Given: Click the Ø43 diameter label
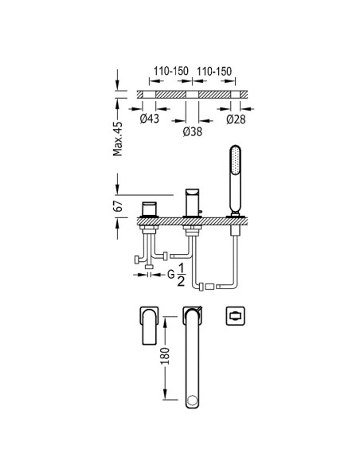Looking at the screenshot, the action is [150, 119].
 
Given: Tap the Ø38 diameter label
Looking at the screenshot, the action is [193, 131].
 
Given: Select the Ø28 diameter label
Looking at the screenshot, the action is [236, 119].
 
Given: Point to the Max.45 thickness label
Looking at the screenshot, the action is [117, 139].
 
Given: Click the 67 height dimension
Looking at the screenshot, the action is [118, 205].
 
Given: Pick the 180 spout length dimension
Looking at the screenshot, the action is [166, 356].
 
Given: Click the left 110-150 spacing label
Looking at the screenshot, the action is [170, 71].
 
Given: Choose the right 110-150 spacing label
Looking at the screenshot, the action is [214, 71].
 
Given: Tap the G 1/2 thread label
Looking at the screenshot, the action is [177, 275].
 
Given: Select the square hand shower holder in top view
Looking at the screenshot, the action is [235, 316].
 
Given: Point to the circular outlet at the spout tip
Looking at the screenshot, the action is [193, 401].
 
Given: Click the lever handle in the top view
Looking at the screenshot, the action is [150, 326].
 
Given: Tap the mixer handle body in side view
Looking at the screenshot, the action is [149, 209].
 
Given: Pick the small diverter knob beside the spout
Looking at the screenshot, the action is [201, 212].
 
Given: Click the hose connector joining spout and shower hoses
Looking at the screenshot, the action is [209, 287].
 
